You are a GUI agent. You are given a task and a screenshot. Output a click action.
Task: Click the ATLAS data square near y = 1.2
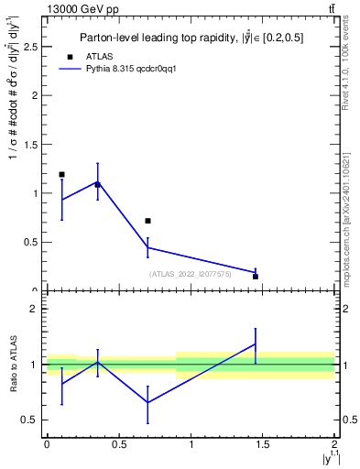[x=61, y=174]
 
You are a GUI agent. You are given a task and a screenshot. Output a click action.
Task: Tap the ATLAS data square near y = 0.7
[x=147, y=221]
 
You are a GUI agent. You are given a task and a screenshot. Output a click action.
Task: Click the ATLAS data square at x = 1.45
[x=256, y=276]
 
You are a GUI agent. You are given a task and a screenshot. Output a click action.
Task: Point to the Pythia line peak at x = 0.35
[x=97, y=182]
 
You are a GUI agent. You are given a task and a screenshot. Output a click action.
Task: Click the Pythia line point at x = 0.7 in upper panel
[x=147, y=247]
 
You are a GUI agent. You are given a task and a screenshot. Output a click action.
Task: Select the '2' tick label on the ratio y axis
[x=37, y=310]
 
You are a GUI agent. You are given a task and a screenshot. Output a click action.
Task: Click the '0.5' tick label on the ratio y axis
[x=33, y=420]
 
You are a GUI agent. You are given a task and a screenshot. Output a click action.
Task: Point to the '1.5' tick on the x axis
[x=263, y=444]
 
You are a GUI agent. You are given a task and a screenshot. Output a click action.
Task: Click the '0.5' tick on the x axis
[x=118, y=444]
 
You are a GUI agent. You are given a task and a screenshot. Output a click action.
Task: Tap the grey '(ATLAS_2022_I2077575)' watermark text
[x=191, y=273]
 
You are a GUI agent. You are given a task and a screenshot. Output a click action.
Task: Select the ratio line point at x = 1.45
[x=256, y=344]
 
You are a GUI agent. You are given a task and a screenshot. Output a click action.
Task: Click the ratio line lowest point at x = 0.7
[x=147, y=402]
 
